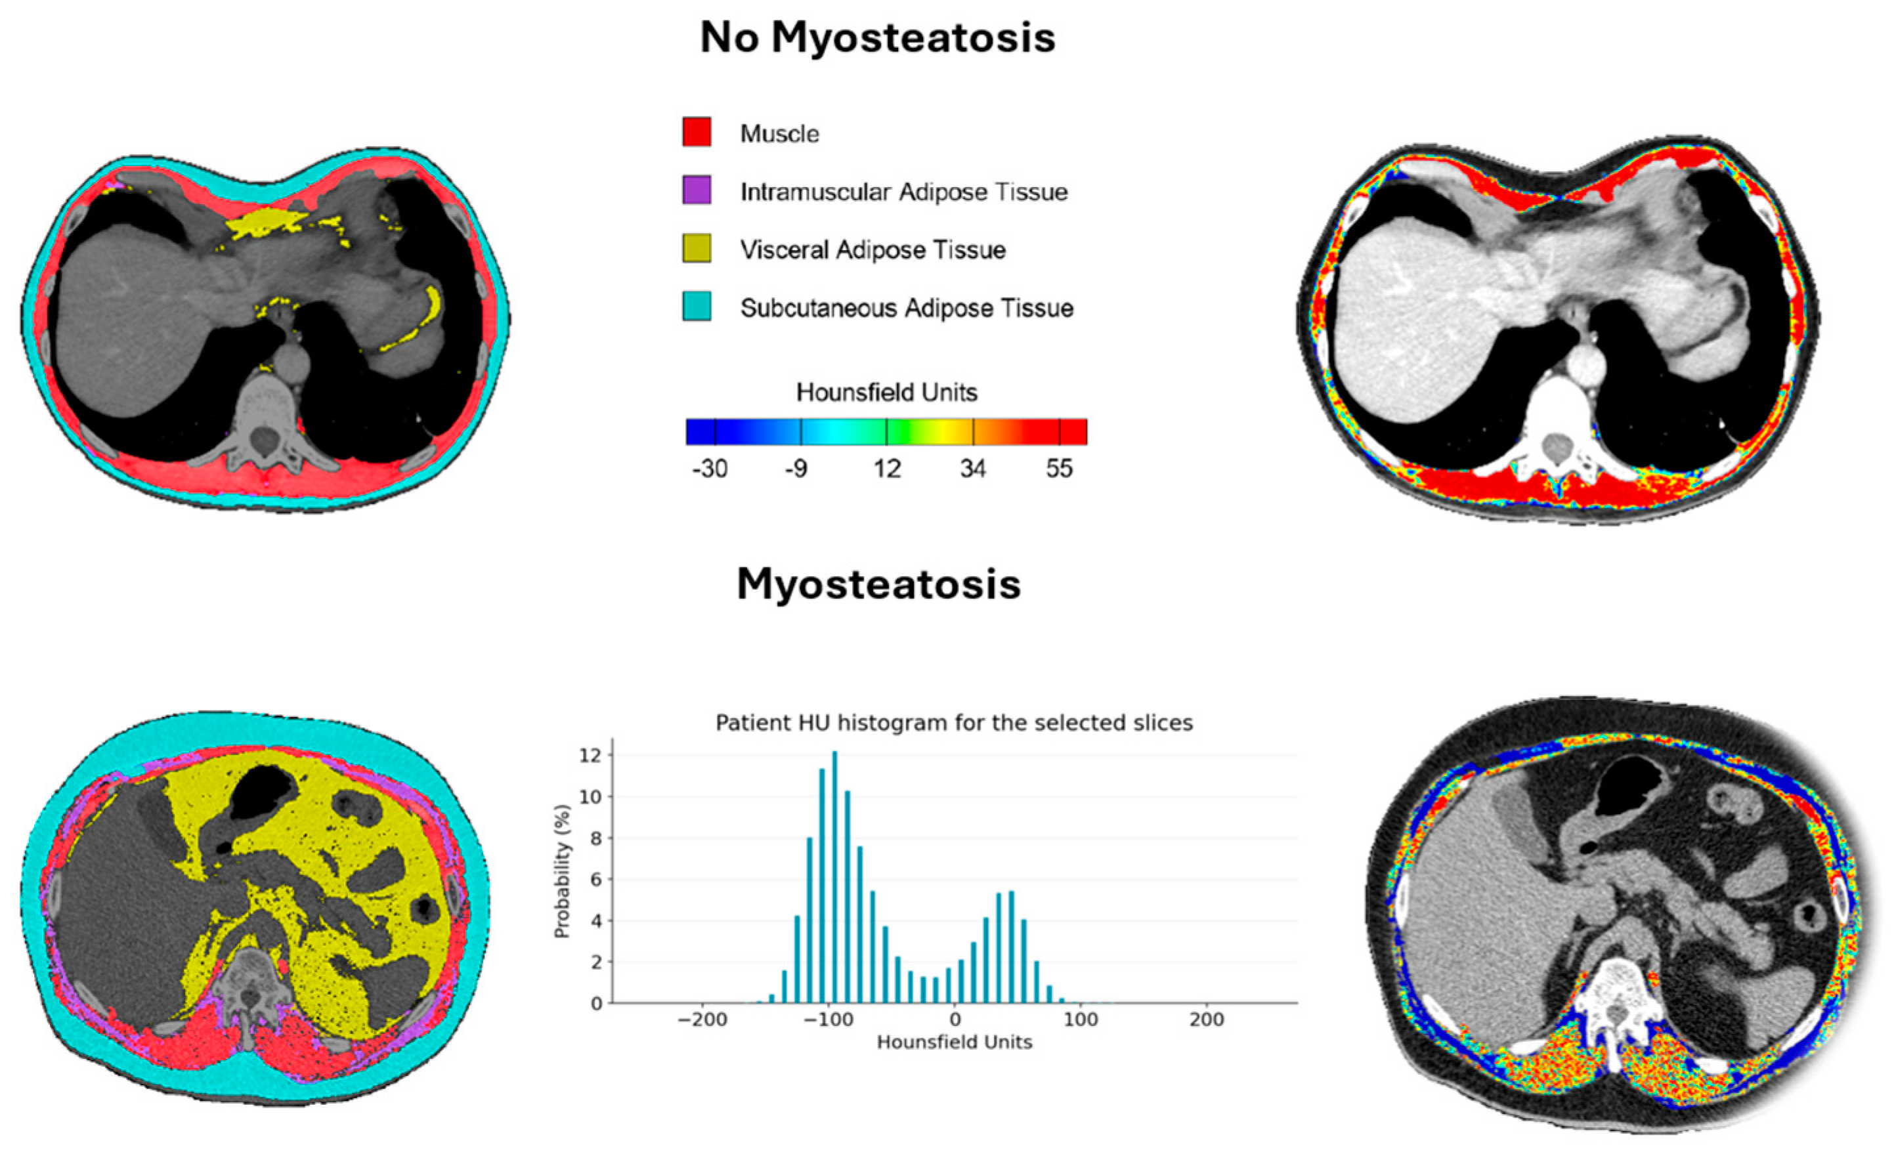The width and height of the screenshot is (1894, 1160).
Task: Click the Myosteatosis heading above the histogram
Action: pyautogui.click(x=878, y=584)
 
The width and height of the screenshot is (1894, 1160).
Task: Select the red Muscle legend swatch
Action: pyautogui.click(x=697, y=131)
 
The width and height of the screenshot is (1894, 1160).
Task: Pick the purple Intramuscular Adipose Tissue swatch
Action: pyautogui.click(x=697, y=190)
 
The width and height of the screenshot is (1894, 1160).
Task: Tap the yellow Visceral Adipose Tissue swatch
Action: pyautogui.click(x=697, y=248)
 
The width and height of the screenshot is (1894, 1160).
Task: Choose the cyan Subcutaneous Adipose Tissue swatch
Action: pyautogui.click(x=697, y=306)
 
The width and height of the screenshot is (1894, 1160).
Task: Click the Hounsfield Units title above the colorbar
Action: pyautogui.click(x=886, y=393)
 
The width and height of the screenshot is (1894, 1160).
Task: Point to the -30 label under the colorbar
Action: pyautogui.click(x=710, y=468)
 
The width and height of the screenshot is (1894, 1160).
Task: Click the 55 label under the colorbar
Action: pyautogui.click(x=1059, y=468)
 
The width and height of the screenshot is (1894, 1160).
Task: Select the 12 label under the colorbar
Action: pyautogui.click(x=886, y=468)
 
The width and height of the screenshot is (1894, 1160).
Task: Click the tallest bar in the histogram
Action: pyautogui.click(x=835, y=876)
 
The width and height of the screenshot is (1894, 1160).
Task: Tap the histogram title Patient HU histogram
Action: pyautogui.click(x=954, y=723)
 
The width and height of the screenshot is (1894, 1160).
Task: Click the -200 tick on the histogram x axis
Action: pyautogui.click(x=702, y=1020)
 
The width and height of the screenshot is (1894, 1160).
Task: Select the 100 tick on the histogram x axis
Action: pyautogui.click(x=1081, y=1020)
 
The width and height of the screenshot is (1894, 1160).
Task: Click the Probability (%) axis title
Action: pyautogui.click(x=563, y=871)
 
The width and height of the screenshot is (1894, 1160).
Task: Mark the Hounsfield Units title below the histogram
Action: pyautogui.click(x=954, y=1042)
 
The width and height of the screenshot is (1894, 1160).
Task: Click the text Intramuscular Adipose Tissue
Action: pyautogui.click(x=904, y=192)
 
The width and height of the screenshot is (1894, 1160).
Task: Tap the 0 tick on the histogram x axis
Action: pyautogui.click(x=955, y=1020)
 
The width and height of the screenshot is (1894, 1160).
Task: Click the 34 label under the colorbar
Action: pyautogui.click(x=973, y=468)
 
